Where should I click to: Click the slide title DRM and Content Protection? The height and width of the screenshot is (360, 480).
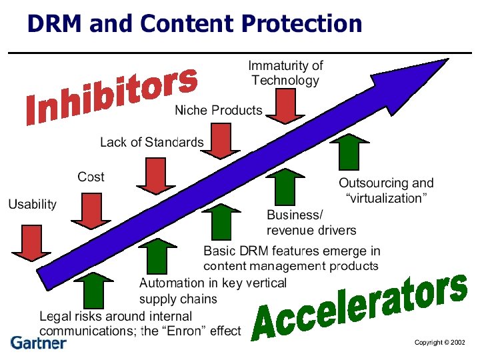(194, 25)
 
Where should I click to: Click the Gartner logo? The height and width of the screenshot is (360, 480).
(39, 343)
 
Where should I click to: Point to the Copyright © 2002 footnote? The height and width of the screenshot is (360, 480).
(439, 342)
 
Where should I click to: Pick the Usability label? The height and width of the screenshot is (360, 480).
(32, 204)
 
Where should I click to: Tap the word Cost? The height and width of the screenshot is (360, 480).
(91, 177)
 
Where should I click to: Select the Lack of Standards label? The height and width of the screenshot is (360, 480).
(151, 142)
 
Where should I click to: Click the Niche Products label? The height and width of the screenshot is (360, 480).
(218, 110)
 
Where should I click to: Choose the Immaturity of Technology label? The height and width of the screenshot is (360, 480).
(285, 73)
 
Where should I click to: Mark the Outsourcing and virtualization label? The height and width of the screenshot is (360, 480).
(386, 191)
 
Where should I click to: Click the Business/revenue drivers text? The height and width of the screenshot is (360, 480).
(311, 223)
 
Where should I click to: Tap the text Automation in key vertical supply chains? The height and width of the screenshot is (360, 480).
(213, 291)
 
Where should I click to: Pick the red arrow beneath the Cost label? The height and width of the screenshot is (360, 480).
(91, 211)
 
